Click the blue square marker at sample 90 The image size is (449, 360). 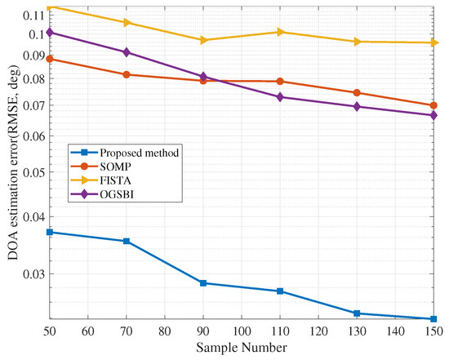(x=203, y=283)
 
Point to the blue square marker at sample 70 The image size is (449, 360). (x=127, y=242)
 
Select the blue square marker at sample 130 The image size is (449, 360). (x=357, y=313)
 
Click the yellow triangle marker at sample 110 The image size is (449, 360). (x=280, y=32)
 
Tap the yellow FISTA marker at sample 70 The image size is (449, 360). (x=127, y=22)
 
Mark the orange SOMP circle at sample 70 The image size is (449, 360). (x=127, y=74)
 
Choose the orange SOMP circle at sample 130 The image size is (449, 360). (x=357, y=93)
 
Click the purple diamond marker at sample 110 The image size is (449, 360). (x=280, y=97)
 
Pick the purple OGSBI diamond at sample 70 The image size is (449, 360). (x=127, y=52)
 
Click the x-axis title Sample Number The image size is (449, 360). (x=241, y=349)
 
